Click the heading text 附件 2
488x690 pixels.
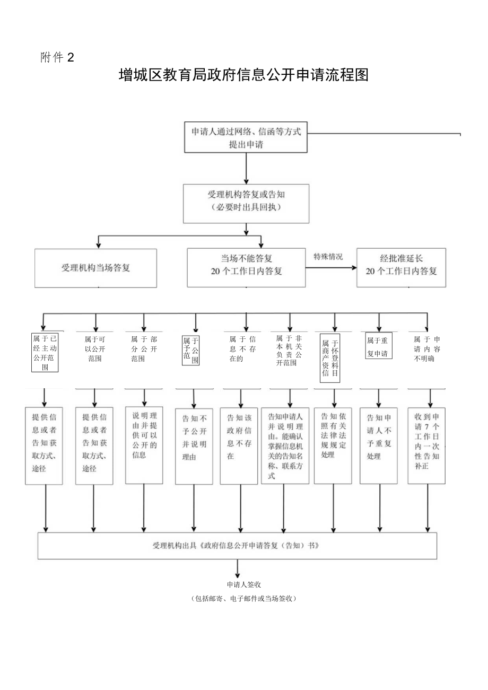(x=56, y=58)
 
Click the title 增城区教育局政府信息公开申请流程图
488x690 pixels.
(x=243, y=75)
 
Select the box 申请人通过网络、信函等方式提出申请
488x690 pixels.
(x=246, y=137)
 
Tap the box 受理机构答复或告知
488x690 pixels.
(x=246, y=203)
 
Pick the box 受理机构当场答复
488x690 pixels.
(x=95, y=268)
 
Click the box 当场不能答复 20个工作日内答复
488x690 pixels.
(x=246, y=267)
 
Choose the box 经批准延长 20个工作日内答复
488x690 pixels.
(x=401, y=267)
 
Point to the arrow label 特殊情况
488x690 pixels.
(x=328, y=257)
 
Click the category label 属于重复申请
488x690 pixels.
(x=379, y=345)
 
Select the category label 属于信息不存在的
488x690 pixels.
(x=242, y=349)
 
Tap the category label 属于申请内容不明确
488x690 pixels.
(x=426, y=349)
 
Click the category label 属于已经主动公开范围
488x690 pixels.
(x=45, y=353)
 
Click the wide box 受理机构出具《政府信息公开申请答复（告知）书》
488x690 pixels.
(x=237, y=545)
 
